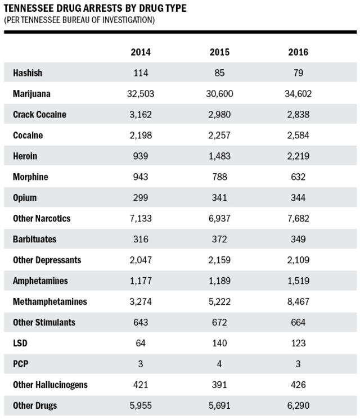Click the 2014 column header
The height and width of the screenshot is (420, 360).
[141, 52]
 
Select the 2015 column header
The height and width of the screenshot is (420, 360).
[219, 52]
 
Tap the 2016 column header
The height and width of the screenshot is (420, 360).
[298, 52]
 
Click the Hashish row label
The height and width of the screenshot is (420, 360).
[28, 73]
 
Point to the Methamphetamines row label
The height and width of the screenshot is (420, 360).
[50, 302]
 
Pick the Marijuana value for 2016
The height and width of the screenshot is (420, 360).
[298, 94]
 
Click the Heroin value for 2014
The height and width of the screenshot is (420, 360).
[141, 156]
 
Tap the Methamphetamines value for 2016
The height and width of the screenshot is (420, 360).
[298, 302]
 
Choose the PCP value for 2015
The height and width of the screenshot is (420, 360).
[219, 364]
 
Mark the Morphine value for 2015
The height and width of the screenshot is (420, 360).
[219, 177]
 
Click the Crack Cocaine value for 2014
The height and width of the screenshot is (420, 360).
[141, 115]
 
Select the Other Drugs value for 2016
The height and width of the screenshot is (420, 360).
[298, 406]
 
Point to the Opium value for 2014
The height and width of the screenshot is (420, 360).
[141, 198]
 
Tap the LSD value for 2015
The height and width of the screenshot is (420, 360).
[219, 344]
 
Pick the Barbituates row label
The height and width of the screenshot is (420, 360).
[35, 240]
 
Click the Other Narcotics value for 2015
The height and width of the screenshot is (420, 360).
[219, 219]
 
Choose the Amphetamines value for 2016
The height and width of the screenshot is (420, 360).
[298, 281]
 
